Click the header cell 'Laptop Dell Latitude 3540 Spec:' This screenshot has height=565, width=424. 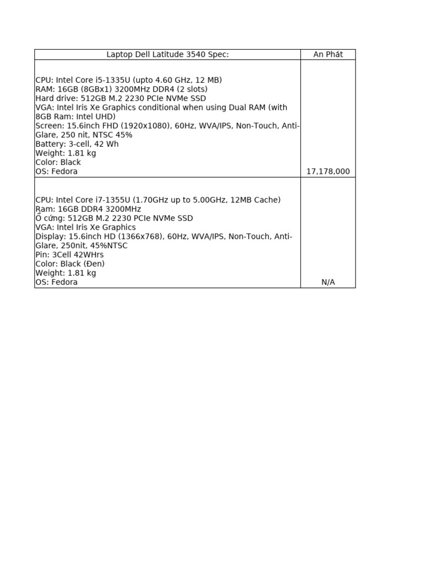[167, 54]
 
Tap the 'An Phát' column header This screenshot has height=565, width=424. [328, 54]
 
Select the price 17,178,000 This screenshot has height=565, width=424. [328, 172]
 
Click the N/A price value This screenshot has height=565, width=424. [328, 282]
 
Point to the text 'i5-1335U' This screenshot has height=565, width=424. [115, 80]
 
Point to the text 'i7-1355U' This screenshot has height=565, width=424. [115, 200]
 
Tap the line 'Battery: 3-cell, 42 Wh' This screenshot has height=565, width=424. [77, 144]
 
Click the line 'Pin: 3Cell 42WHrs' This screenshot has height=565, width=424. [70, 254]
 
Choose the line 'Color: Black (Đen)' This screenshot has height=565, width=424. [70, 264]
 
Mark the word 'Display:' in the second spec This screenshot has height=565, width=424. [50, 236]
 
